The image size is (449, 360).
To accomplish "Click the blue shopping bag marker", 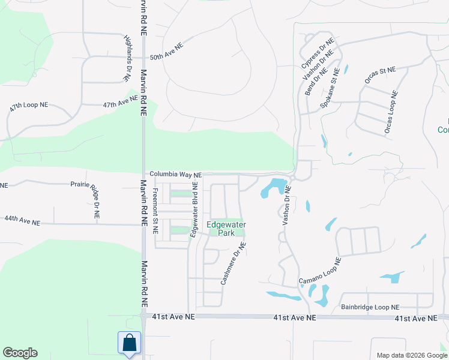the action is tap(129, 343).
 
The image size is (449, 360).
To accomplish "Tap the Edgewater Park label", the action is tap(226, 229).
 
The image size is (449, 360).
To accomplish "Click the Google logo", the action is tap(20, 353).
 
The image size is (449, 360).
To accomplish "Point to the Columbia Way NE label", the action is tap(175, 174).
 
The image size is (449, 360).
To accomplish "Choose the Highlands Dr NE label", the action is tap(128, 58).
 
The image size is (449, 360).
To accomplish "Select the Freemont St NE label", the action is tap(155, 211).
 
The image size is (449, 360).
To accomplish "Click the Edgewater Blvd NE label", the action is tap(194, 210).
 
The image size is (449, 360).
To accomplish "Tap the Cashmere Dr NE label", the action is tap(234, 263).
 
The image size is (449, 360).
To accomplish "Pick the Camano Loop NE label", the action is tap(321, 272).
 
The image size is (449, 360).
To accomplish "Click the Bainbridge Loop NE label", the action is tap(370, 307).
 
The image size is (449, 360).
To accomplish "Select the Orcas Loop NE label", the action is tap(390, 112).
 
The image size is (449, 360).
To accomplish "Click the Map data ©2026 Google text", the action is tap(411, 355).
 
